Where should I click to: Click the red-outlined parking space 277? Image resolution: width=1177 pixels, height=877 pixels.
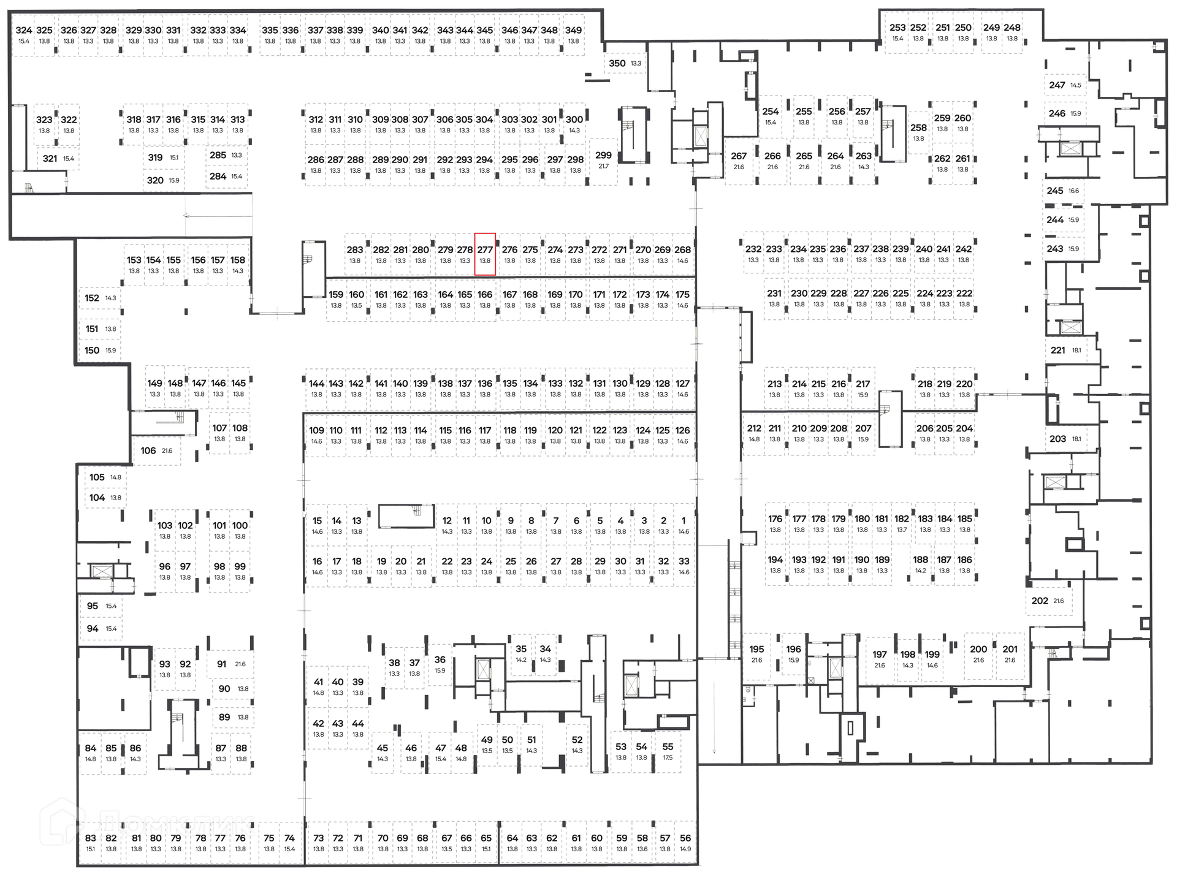point(485,254)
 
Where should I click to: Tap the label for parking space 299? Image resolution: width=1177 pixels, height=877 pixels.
point(603,156)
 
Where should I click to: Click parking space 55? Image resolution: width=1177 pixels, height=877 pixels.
point(668,751)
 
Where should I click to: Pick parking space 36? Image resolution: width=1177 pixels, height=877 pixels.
point(440,664)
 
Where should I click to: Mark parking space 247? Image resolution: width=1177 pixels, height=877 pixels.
point(1064,85)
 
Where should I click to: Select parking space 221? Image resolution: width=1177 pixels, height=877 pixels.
point(1065,350)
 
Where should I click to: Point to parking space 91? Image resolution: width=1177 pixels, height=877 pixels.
point(229,664)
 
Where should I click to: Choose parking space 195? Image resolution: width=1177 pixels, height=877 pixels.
point(756,653)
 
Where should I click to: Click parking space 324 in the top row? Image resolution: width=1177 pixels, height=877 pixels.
point(24,34)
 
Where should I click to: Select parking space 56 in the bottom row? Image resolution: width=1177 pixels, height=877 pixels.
point(685,842)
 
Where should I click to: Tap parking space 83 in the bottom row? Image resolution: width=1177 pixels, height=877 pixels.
point(91,842)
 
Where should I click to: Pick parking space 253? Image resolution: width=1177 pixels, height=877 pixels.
point(897,32)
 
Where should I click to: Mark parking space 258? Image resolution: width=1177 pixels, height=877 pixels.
point(918,132)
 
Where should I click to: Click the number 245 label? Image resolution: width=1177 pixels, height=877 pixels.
point(1054,191)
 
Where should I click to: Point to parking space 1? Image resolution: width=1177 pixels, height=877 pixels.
point(684,525)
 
